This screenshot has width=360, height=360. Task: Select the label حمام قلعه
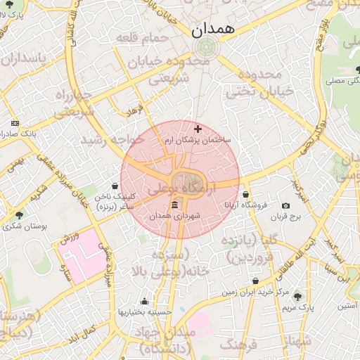[143, 37]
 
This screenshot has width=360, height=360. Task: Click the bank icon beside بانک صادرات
[15, 123]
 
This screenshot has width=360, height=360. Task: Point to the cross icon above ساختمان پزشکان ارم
[198, 129]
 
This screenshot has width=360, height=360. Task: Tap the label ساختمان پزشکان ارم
[202, 141]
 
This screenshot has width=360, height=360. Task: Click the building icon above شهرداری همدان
[175, 205]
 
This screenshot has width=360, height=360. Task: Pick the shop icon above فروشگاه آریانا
[245, 194]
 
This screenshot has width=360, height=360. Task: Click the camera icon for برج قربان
[285, 205]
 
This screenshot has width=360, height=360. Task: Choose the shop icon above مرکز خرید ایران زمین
[255, 281]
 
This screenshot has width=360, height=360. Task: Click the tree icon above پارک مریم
[297, 296]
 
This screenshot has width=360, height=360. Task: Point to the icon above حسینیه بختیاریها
[144, 301]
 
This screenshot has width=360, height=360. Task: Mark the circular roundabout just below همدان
[205, 48]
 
